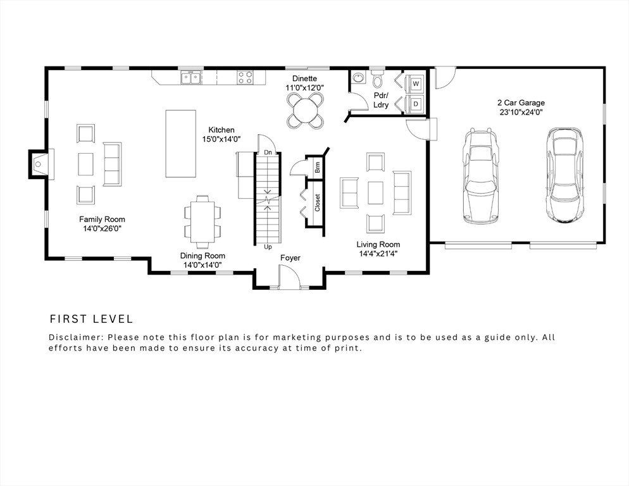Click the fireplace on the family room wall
tap(37, 163)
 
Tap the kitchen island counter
tap(180, 144)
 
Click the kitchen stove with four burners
tap(246, 78)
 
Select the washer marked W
tap(416, 83)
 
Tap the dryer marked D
tap(416, 103)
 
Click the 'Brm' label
tap(317, 167)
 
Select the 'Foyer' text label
tap(290, 258)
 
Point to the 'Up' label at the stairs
tap(268, 246)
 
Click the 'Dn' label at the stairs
tap(268, 153)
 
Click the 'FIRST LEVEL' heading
tap(91, 319)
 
